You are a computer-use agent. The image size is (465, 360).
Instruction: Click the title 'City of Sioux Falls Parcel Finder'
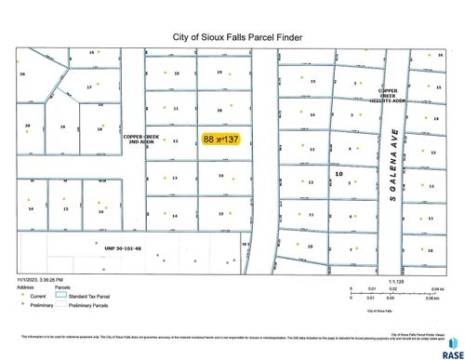pyautogui.click(x=232, y=38)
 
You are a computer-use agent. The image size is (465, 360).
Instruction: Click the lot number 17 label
pyautogui.click(x=89, y=87)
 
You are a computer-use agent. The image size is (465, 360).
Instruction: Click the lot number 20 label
pyautogui.click(x=29, y=126)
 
